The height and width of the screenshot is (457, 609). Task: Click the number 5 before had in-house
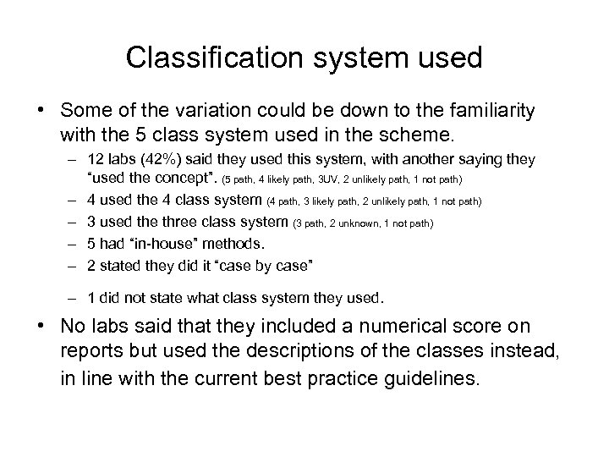click(x=92, y=244)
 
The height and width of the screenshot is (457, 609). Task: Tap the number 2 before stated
click(x=92, y=266)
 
